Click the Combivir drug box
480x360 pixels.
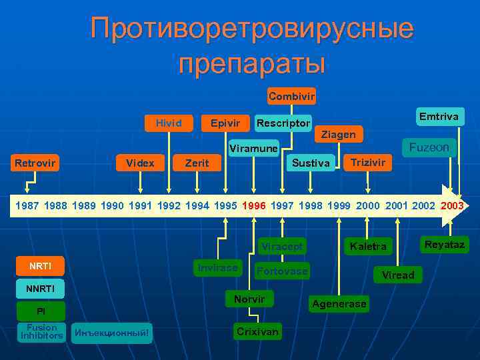coord(291,96)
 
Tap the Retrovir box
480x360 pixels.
coord(36,163)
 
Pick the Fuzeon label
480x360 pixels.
coord(429,147)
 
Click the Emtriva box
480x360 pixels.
coord(439,117)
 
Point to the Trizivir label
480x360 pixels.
coord(368,163)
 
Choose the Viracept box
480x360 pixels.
coord(281,247)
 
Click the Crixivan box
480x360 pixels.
coord(257,331)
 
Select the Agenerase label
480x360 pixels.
coord(338,304)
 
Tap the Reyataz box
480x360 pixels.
coord(445,245)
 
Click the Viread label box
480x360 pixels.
coord(398,275)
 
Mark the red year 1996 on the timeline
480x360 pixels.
coord(253,206)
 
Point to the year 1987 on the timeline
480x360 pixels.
coord(27,206)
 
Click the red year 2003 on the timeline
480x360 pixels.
coord(453,206)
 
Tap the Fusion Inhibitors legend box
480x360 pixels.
coord(41,331)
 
